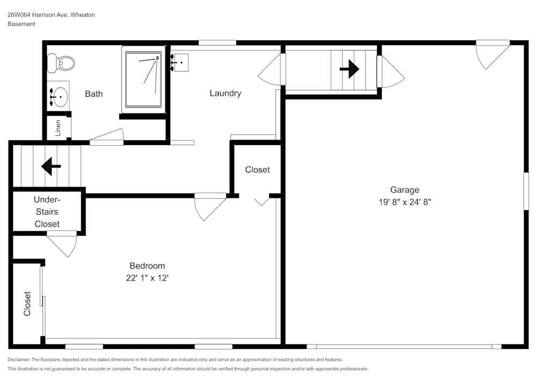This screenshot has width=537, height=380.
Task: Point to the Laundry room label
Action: (225, 94)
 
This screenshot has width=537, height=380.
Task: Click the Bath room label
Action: (93, 94)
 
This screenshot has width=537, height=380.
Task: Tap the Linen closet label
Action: (58, 128)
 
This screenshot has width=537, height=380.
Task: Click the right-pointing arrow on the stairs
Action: (350, 69)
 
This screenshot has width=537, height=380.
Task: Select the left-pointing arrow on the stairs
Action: (51, 166)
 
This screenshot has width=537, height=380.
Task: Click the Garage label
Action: (404, 190)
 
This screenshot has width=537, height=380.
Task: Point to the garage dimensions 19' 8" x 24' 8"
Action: (404, 203)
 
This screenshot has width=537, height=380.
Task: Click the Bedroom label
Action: (147, 266)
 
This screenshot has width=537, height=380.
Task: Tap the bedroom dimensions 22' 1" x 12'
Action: (147, 278)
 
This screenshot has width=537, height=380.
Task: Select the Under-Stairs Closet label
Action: (47, 211)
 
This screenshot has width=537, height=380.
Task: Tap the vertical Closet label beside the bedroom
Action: (27, 304)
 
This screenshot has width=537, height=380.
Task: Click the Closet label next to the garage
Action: (257, 170)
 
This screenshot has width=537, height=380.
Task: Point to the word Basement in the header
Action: (21, 24)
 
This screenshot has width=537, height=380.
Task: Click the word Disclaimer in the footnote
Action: (20, 360)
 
